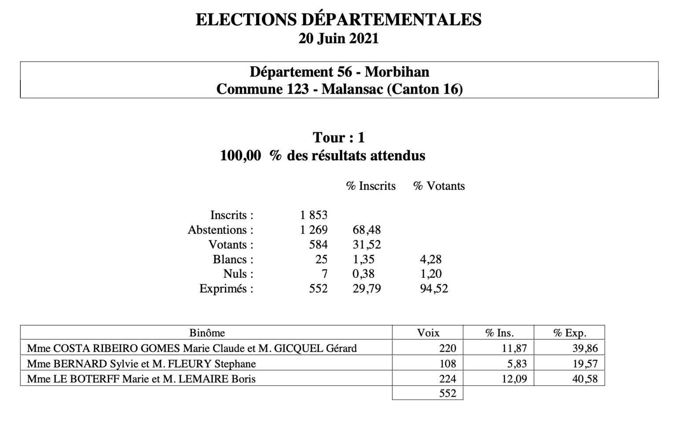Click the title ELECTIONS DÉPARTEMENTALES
pyautogui.click(x=338, y=20)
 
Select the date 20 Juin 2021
pyautogui.click(x=338, y=39)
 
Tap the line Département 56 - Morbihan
pyautogui.click(x=339, y=71)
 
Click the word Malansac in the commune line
pyautogui.click(x=352, y=89)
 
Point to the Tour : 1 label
pyautogui.click(x=338, y=138)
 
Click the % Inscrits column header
pyautogui.click(x=371, y=186)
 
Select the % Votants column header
pyautogui.click(x=439, y=186)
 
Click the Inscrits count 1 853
pyautogui.click(x=314, y=215)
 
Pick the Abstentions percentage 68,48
pyautogui.click(x=367, y=230)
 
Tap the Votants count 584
pyautogui.click(x=319, y=245)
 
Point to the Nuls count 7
pyautogui.click(x=324, y=274)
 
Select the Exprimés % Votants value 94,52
pyautogui.click(x=434, y=289)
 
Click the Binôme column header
pyautogui.click(x=207, y=333)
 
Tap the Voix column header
pyautogui.click(x=428, y=333)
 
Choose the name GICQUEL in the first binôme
pyautogui.click(x=299, y=349)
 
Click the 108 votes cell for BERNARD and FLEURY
pyautogui.click(x=448, y=364)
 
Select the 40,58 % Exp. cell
pyautogui.click(x=585, y=379)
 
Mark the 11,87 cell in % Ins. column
pyautogui.click(x=514, y=349)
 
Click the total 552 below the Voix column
pyautogui.click(x=448, y=393)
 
